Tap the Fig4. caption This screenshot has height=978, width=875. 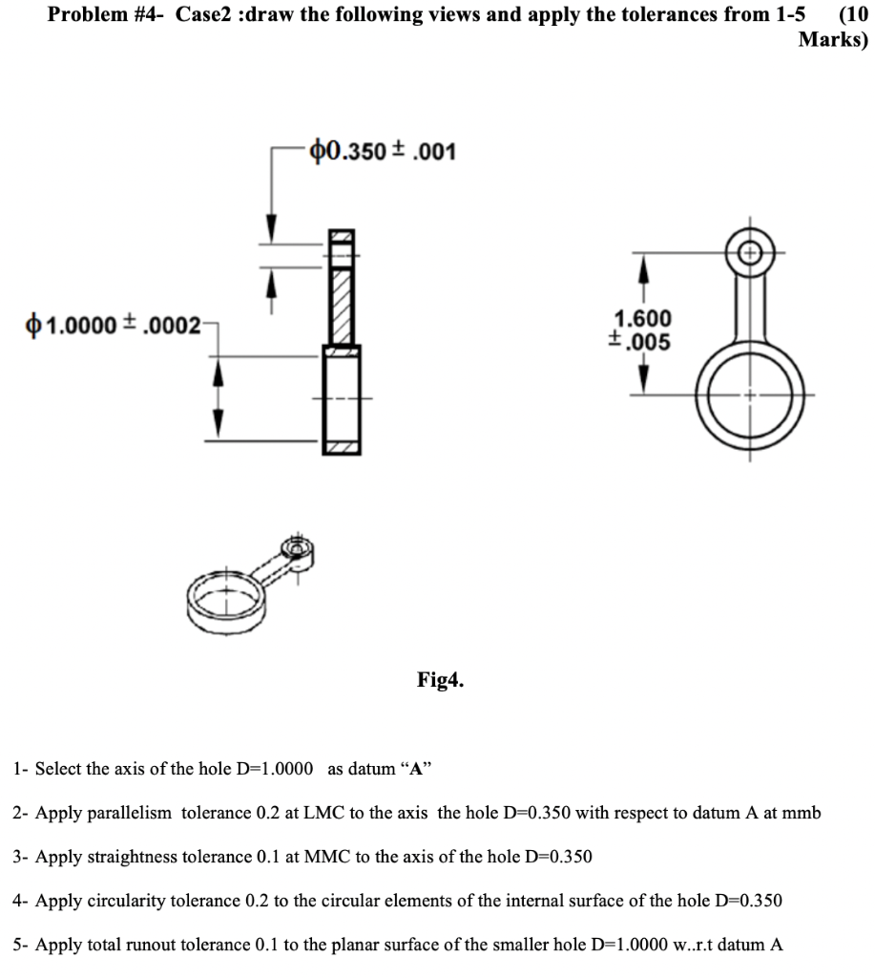[440, 680]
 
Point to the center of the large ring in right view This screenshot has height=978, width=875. [750, 393]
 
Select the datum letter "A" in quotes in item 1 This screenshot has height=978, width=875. [416, 768]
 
